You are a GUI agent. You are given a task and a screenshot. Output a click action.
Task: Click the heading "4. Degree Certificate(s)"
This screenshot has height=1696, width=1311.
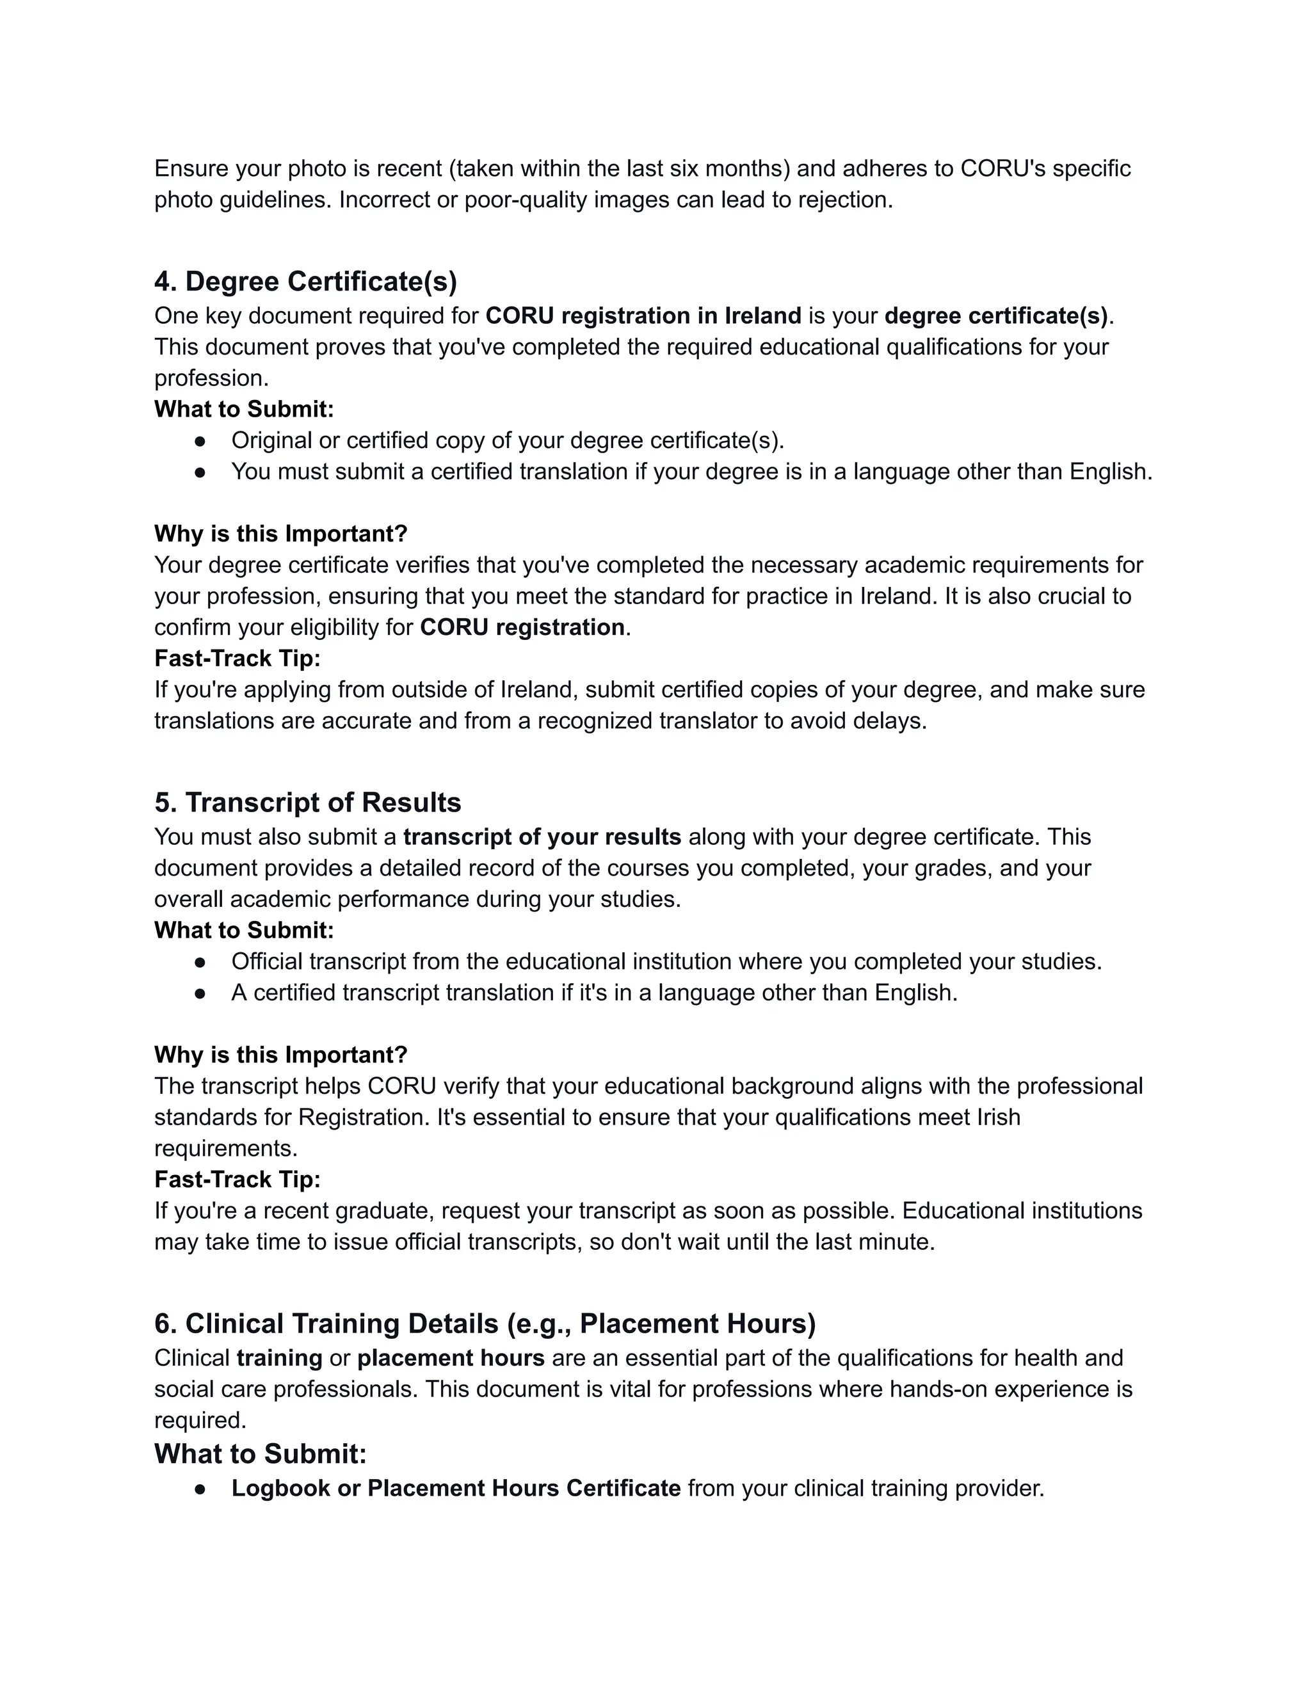point(305,281)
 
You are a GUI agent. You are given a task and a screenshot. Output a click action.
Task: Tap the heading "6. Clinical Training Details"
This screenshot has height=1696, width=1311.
point(485,1324)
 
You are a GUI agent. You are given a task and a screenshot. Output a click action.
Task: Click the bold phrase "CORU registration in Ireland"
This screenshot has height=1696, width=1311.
point(643,316)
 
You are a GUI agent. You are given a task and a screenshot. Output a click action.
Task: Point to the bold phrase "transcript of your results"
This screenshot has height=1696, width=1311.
point(542,837)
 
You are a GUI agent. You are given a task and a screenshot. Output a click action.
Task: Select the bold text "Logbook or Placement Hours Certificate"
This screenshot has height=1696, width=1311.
point(456,1488)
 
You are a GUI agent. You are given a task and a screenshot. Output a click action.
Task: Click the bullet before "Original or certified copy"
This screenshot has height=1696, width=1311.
point(200,441)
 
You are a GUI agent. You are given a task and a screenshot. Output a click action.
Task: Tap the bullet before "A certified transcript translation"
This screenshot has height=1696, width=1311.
point(200,993)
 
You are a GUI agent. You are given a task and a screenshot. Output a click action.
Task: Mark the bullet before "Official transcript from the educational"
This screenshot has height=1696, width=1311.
point(200,962)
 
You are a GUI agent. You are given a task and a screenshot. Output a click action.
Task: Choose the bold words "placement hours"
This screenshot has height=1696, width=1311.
point(451,1358)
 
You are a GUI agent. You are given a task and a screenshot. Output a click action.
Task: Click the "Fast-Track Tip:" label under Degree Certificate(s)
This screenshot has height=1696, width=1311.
point(237,659)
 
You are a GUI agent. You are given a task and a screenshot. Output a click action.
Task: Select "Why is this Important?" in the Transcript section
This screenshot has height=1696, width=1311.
point(280,1055)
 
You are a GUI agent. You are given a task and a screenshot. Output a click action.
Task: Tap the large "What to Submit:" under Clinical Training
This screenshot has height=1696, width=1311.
point(260,1453)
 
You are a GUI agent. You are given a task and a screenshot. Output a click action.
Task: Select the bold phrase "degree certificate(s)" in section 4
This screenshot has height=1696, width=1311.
point(995,316)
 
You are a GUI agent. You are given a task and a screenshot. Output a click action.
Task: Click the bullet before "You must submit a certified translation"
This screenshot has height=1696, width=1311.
point(200,472)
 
